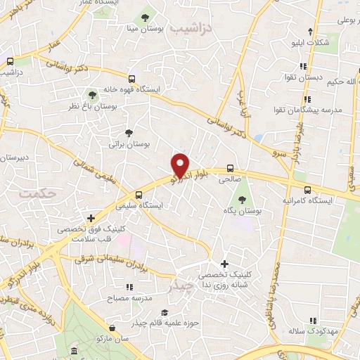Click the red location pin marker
[x=181, y=165]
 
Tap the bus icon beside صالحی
[x=230, y=169]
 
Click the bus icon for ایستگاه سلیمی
[x=138, y=195]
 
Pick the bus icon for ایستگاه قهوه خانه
[x=131, y=79]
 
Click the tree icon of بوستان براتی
[x=128, y=132]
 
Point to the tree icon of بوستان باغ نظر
[x=91, y=94]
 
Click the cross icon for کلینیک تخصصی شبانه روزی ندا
[x=224, y=263]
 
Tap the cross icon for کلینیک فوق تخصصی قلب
[x=90, y=218]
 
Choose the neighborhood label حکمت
[x=37, y=191]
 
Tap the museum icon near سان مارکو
[x=75, y=351]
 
